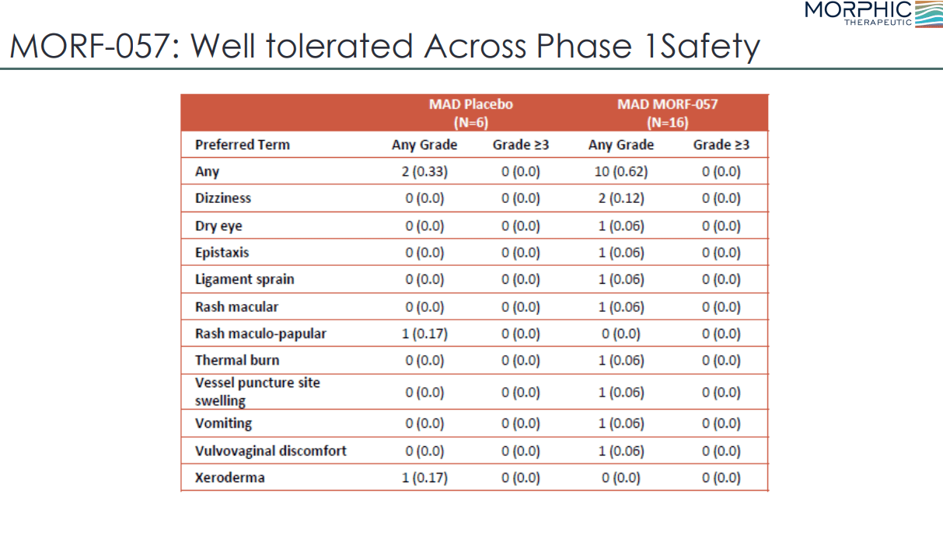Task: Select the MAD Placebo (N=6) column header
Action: click(470, 113)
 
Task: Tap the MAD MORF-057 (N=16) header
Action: click(667, 113)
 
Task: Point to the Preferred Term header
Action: click(242, 145)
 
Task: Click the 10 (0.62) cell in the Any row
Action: click(620, 172)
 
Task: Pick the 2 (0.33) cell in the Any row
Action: click(424, 172)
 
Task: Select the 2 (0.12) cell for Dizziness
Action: click(620, 198)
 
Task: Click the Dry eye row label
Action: click(218, 226)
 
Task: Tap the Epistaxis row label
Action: click(222, 253)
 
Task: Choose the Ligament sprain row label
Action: click(244, 279)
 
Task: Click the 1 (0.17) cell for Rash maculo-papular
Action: click(424, 334)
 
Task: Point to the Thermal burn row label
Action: click(236, 360)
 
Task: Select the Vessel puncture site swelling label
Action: click(257, 392)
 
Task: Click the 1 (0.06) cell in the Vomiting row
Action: click(620, 424)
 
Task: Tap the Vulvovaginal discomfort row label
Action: click(271, 451)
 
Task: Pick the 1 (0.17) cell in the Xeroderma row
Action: click(424, 477)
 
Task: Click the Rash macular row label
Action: click(236, 307)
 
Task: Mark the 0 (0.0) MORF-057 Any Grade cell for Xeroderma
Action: click(620, 477)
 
